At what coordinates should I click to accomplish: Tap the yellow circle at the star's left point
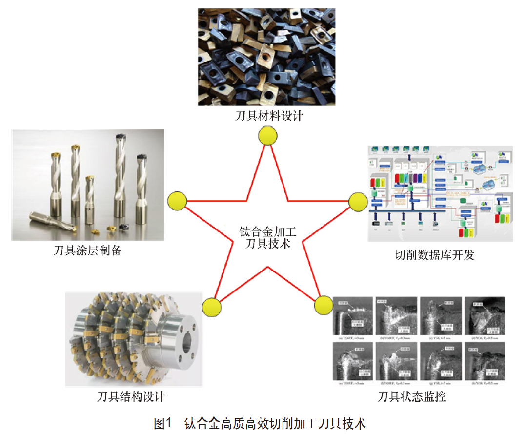click(x=177, y=201)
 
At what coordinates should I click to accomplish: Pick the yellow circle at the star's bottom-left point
click(x=211, y=307)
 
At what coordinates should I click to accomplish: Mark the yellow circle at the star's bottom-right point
click(x=323, y=305)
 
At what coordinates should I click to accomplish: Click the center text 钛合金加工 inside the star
click(x=268, y=230)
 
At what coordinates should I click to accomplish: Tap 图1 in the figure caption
click(x=163, y=423)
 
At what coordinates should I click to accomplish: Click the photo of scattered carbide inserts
click(x=266, y=57)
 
